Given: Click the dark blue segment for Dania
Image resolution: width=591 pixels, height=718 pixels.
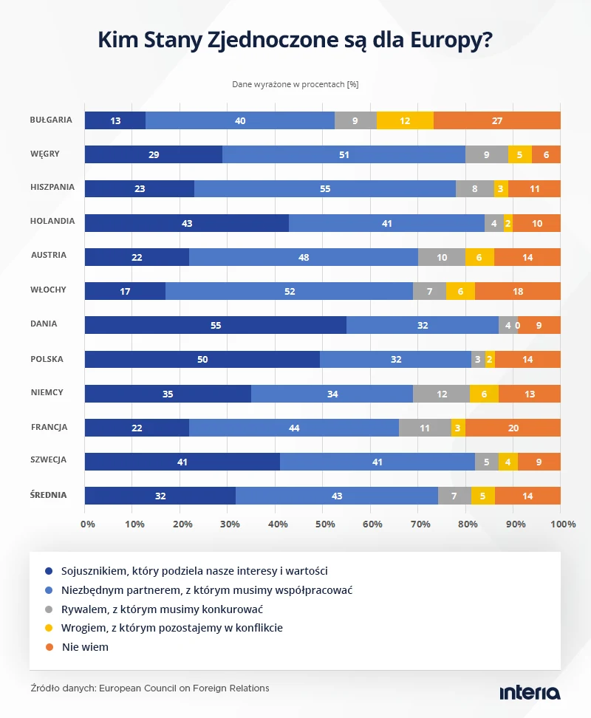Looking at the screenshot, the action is (x=216, y=325).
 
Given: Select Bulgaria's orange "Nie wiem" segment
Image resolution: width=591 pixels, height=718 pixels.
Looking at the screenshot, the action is (x=497, y=120).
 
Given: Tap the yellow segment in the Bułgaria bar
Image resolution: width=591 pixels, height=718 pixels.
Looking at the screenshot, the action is (x=405, y=120).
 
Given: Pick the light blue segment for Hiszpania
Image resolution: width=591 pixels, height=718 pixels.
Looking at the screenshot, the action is (x=325, y=188).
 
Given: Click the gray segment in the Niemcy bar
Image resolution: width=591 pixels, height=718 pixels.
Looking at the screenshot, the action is (x=441, y=394).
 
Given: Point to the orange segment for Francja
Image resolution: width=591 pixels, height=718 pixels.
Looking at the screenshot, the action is (x=513, y=428).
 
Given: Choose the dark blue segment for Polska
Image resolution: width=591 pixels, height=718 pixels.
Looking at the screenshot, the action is (x=202, y=360).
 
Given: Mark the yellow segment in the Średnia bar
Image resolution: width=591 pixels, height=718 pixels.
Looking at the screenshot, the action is (x=483, y=496).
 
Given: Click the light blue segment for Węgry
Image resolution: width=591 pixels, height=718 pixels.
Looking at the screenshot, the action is (x=344, y=155).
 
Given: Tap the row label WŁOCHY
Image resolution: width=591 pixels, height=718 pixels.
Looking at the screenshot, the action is (x=48, y=290).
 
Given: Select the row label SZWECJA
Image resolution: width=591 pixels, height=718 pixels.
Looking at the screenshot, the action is (x=49, y=459).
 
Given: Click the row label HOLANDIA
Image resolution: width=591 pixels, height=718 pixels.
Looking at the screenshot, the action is (x=52, y=221).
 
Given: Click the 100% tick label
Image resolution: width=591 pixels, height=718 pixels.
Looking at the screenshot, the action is (x=563, y=524).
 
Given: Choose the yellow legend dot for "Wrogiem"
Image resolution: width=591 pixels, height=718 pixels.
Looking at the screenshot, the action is (x=49, y=628).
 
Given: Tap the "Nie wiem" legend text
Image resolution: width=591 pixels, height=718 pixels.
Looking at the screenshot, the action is (x=85, y=647).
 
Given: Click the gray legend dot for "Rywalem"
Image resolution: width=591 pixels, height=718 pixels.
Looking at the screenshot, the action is (x=49, y=609).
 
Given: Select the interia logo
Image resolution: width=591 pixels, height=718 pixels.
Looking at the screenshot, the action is (x=530, y=693).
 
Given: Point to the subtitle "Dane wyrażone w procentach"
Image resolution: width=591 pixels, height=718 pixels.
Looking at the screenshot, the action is (x=288, y=84).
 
